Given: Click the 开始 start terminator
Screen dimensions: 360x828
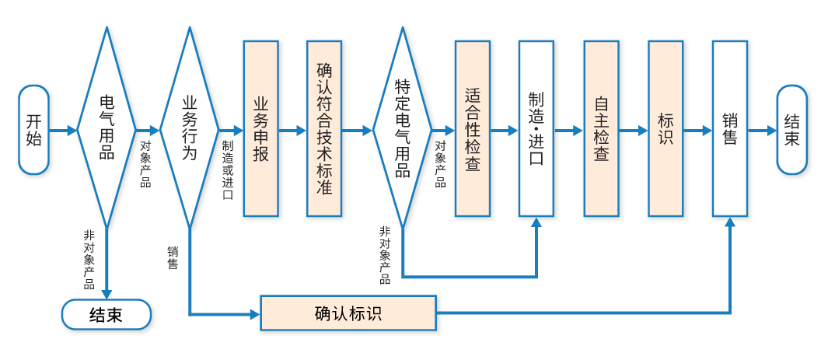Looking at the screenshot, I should tap(33, 130).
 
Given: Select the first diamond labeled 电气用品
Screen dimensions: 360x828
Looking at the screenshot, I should tap(106, 128).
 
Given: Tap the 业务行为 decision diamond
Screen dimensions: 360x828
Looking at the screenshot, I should tap(189, 128).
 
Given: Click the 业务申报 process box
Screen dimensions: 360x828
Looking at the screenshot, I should tap(260, 129).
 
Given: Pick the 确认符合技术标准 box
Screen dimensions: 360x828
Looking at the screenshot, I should tap(324, 129).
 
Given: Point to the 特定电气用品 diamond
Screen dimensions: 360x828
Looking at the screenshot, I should tap(402, 128).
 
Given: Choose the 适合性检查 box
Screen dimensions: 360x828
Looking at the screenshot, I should tap(472, 129).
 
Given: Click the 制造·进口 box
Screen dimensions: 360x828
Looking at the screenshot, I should tap(536, 129).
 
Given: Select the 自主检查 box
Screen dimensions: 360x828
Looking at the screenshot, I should tap(601, 129).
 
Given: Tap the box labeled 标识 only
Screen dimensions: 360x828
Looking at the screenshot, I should tap(666, 129).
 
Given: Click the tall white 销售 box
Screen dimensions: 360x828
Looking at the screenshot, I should tap(729, 129).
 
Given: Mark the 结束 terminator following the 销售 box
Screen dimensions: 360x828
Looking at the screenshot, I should tap(791, 130).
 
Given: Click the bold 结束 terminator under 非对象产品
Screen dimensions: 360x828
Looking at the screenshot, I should tap(106, 314).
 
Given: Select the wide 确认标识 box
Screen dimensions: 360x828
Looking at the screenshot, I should tap(348, 313).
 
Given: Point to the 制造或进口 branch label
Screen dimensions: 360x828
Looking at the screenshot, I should tap(227, 170).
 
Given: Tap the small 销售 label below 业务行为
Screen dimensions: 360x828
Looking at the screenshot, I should tap(173, 257).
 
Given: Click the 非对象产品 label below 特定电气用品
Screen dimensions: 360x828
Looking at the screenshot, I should tap(385, 255).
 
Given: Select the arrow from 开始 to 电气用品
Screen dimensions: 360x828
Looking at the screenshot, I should tap(63, 131).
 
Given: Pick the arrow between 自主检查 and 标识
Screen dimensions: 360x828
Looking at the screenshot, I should tap(634, 131).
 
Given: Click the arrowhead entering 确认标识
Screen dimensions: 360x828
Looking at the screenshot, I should tap(254, 314).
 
